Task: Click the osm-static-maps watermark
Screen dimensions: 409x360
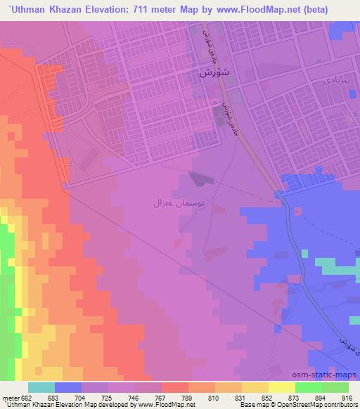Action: tap(330, 377)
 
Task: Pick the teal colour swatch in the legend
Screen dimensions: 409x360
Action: tap(41, 387)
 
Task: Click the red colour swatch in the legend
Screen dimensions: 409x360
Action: tap(175, 387)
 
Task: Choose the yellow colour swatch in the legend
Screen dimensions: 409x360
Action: tap(255, 387)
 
